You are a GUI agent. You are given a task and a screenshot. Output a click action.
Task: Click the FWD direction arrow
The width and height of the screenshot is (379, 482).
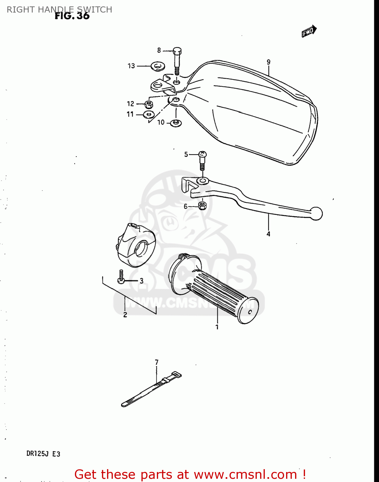coord(309,31)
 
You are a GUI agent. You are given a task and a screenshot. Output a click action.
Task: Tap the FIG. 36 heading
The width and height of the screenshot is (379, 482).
coord(72,16)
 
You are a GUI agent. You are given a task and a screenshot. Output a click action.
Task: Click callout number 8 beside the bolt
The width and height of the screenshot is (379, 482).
coord(159,50)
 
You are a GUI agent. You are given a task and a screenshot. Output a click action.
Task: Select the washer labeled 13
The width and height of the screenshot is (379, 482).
coord(158,66)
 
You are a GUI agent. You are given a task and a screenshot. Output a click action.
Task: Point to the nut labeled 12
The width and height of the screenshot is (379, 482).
coord(149,104)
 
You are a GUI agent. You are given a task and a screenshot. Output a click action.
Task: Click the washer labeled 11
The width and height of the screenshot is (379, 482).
coord(149,114)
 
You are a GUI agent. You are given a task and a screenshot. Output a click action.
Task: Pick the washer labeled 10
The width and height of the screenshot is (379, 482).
coord(176,122)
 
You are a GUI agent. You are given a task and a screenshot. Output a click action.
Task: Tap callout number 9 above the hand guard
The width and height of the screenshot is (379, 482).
coord(268,62)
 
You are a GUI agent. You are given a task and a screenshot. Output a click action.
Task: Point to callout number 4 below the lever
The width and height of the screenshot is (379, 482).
coord(268,234)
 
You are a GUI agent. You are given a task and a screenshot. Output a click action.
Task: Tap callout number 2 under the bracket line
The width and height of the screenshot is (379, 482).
coord(125,315)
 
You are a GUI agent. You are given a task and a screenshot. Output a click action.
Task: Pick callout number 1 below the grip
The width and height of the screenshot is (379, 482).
coord(217,327)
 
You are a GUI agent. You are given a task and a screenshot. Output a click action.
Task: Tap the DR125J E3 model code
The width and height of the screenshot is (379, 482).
coord(43,454)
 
